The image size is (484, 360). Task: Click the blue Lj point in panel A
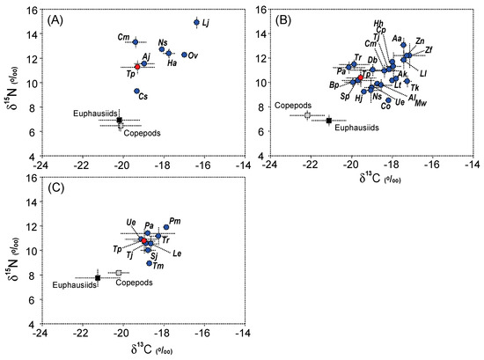(x=196, y=22)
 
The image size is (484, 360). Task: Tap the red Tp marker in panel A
(x=137, y=66)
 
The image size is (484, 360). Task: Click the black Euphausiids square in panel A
(x=120, y=120)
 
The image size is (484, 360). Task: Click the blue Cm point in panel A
(x=136, y=41)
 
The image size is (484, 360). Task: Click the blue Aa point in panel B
(x=403, y=45)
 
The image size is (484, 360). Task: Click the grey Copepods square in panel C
(x=119, y=273)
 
